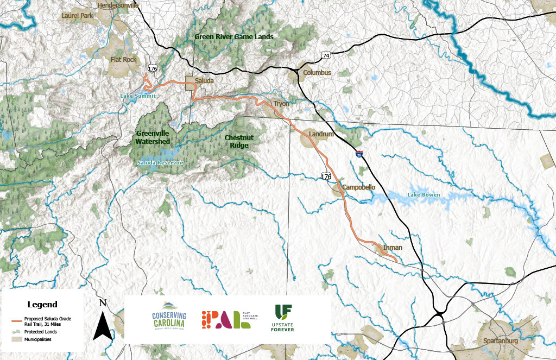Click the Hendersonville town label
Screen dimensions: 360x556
[118, 5]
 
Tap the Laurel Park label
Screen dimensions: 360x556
[78, 16]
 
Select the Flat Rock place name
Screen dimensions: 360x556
[124, 59]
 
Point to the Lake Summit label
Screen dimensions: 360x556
[138, 96]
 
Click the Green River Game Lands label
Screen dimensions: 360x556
[233, 37]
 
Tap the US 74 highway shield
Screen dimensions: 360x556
[326, 55]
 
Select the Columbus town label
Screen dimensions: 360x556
[317, 72]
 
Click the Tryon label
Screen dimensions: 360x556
[281, 103]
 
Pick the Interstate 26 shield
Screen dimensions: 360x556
[359, 154]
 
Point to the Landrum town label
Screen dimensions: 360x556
[320, 134]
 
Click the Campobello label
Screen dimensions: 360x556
[359, 187]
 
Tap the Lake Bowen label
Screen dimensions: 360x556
[424, 194]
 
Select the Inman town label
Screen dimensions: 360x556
[393, 248]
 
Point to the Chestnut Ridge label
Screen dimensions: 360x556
[239, 142]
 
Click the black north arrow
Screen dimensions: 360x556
[103, 324]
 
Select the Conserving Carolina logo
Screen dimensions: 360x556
[169, 317]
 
